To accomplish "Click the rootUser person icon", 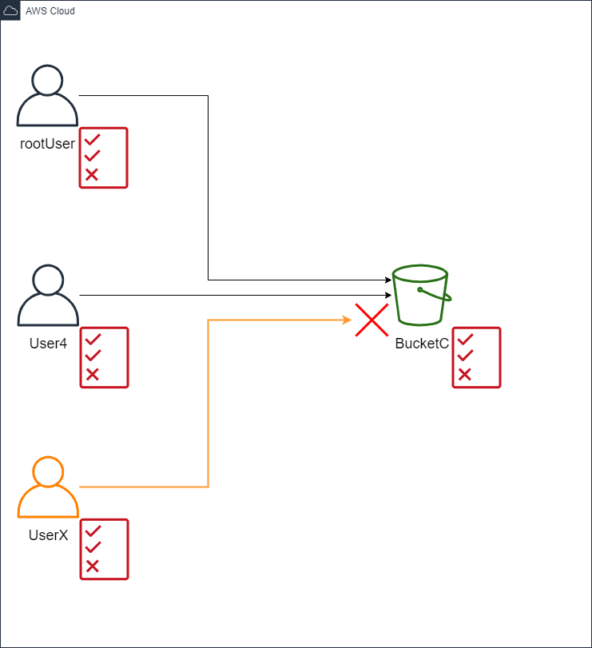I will (x=47, y=97).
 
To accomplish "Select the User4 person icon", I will (x=47, y=296).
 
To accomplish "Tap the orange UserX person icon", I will (x=47, y=487).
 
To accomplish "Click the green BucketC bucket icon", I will (x=421, y=295).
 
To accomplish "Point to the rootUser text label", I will (x=47, y=144).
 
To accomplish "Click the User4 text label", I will (x=47, y=343).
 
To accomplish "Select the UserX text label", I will (x=47, y=535).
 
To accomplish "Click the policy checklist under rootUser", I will (x=103, y=157).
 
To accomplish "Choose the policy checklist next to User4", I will (x=104, y=357).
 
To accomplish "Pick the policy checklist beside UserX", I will (x=104, y=549).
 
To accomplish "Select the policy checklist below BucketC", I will (x=476, y=357).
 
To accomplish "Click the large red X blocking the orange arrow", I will (x=371, y=320).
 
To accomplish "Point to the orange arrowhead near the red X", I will (x=348, y=320).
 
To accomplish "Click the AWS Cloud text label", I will (x=50, y=11).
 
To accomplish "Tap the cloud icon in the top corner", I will (x=10, y=10).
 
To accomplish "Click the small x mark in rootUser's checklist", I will (x=92, y=174).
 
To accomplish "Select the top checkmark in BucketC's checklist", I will (x=465, y=340).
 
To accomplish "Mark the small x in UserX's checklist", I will (x=93, y=566).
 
